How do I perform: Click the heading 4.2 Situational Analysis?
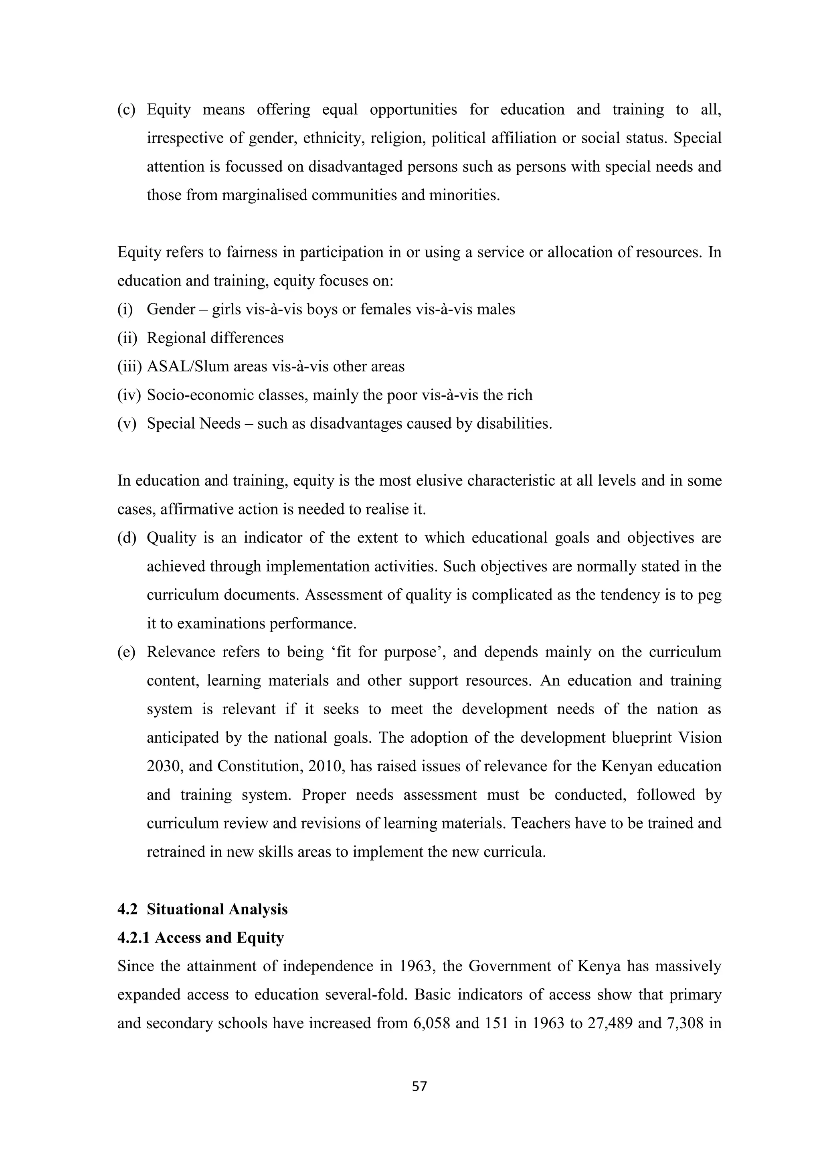(202, 909)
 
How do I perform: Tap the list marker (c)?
(126, 110)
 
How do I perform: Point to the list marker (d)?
(127, 537)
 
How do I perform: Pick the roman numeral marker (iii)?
(129, 366)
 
